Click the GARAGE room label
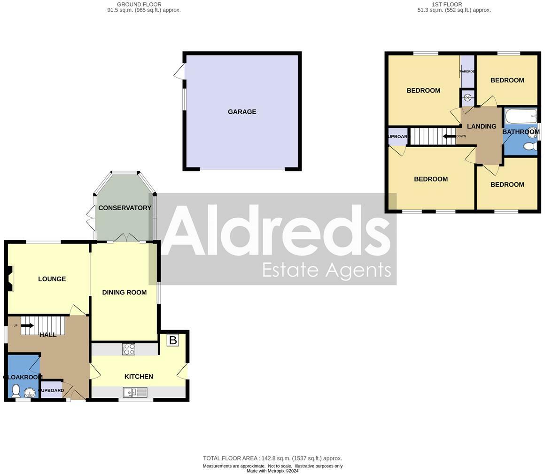click(242, 112)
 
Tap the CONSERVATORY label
click(125, 208)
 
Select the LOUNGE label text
click(52, 279)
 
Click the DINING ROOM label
click(125, 292)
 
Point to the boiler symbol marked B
click(172, 340)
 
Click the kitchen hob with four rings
click(129, 349)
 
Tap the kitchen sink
click(135, 392)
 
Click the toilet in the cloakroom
click(16, 390)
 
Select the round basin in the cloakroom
click(30, 393)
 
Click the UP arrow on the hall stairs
click(27, 325)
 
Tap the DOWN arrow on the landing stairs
click(449, 136)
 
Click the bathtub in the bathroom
click(520, 116)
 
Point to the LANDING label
click(482, 126)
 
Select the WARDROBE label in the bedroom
click(467, 71)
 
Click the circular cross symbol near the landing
click(467, 97)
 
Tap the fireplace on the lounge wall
click(10, 278)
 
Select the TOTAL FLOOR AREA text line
click(272, 458)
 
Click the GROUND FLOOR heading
click(139, 4)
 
